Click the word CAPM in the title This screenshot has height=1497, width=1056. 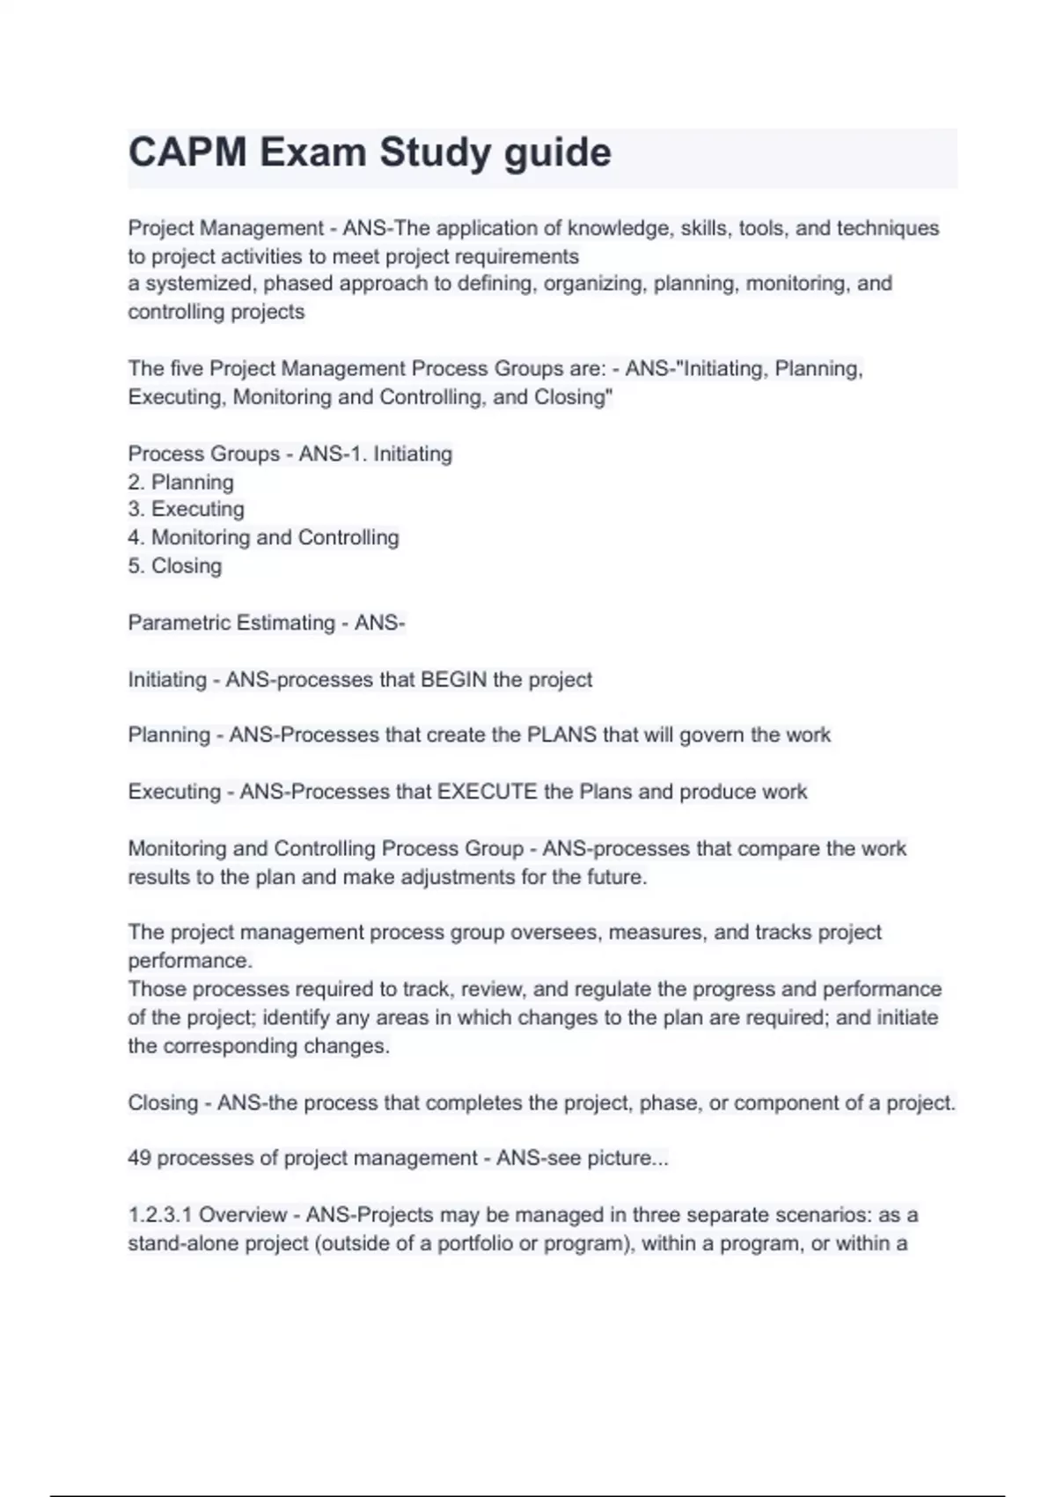(187, 152)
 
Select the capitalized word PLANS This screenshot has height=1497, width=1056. (561, 735)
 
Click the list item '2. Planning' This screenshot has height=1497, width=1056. (180, 483)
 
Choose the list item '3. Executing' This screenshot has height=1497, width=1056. (186, 509)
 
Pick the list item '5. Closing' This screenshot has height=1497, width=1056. (174, 565)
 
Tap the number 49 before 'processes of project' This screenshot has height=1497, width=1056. (139, 1158)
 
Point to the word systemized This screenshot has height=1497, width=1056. (199, 284)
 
